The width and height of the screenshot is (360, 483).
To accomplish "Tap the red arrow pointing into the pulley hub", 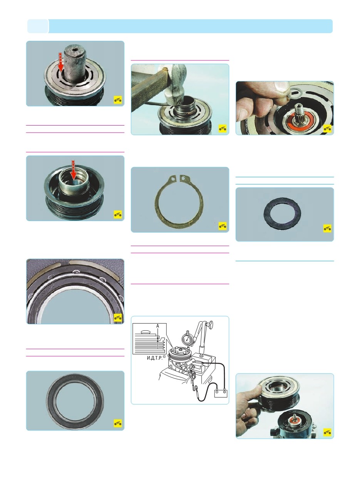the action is point(74,169).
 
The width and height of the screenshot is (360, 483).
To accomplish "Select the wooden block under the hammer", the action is point(149,92).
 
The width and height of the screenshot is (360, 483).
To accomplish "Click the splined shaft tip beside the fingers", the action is point(303,109).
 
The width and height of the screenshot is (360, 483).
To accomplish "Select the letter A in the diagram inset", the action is point(157,326).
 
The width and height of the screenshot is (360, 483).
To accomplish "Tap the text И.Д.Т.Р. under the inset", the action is point(155,358).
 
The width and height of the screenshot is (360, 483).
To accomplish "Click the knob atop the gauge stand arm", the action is point(211,324).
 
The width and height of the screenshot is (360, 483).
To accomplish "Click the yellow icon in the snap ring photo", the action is point(223,226).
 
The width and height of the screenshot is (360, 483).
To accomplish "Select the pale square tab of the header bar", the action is point(38,26).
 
